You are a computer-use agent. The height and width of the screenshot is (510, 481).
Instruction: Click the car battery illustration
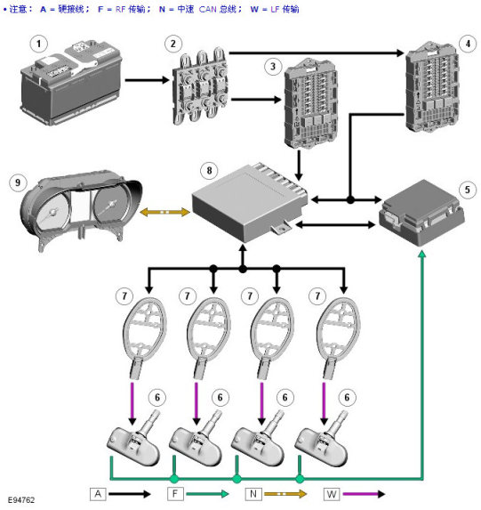pyautogui.click(x=71, y=83)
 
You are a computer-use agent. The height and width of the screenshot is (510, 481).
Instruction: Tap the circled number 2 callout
pyautogui.click(x=172, y=44)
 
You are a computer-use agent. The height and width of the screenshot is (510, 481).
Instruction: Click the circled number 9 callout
pyautogui.click(x=18, y=182)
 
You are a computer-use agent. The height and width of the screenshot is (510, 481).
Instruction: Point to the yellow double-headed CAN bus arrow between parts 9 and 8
pyautogui.click(x=164, y=213)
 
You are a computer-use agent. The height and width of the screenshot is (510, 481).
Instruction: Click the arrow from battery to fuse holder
pyautogui.click(x=148, y=80)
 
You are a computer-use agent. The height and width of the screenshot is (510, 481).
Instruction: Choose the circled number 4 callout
pyautogui.click(x=468, y=44)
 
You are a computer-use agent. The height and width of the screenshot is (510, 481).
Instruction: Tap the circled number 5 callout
pyautogui.click(x=468, y=190)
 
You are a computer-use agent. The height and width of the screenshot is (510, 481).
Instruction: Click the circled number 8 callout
pyautogui.click(x=209, y=170)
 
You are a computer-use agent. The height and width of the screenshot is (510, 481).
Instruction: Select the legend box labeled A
pyautogui.click(x=98, y=494)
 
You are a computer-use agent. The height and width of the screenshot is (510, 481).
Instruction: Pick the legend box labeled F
pyautogui.click(x=175, y=494)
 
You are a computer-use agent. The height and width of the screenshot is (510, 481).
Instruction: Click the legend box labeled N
pyautogui.click(x=253, y=494)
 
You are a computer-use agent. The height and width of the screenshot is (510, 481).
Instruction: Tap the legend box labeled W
pyautogui.click(x=332, y=494)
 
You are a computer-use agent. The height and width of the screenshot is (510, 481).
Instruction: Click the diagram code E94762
pyautogui.click(x=21, y=500)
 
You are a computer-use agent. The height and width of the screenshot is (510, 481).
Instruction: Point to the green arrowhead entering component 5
pyautogui.click(x=422, y=254)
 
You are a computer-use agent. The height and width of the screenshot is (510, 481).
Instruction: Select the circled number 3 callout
pyautogui.click(x=273, y=67)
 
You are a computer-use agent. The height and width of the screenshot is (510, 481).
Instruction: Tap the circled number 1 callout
pyautogui.click(x=39, y=44)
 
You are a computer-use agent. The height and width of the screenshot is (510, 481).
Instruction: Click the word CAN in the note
pyautogui.click(x=208, y=9)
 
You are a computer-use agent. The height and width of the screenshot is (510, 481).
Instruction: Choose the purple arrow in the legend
pyautogui.click(x=364, y=494)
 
